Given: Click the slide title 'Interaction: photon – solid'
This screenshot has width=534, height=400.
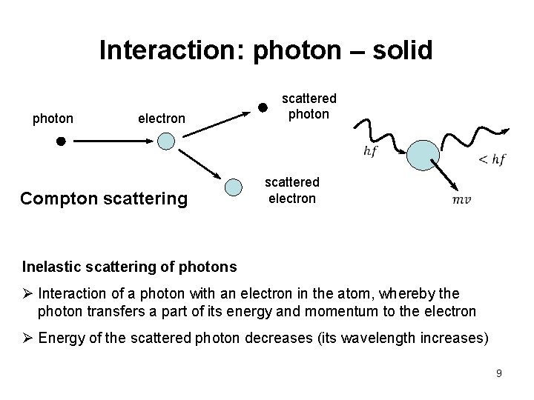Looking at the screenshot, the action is pos(266,50).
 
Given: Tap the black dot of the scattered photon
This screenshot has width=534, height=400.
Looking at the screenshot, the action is pos(262,107).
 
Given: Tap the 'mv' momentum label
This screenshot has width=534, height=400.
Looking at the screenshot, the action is pos(461,200).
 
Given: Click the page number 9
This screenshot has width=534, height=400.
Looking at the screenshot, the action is pos(499,373).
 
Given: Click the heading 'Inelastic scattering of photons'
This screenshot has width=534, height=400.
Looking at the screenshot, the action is pos(130,266).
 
